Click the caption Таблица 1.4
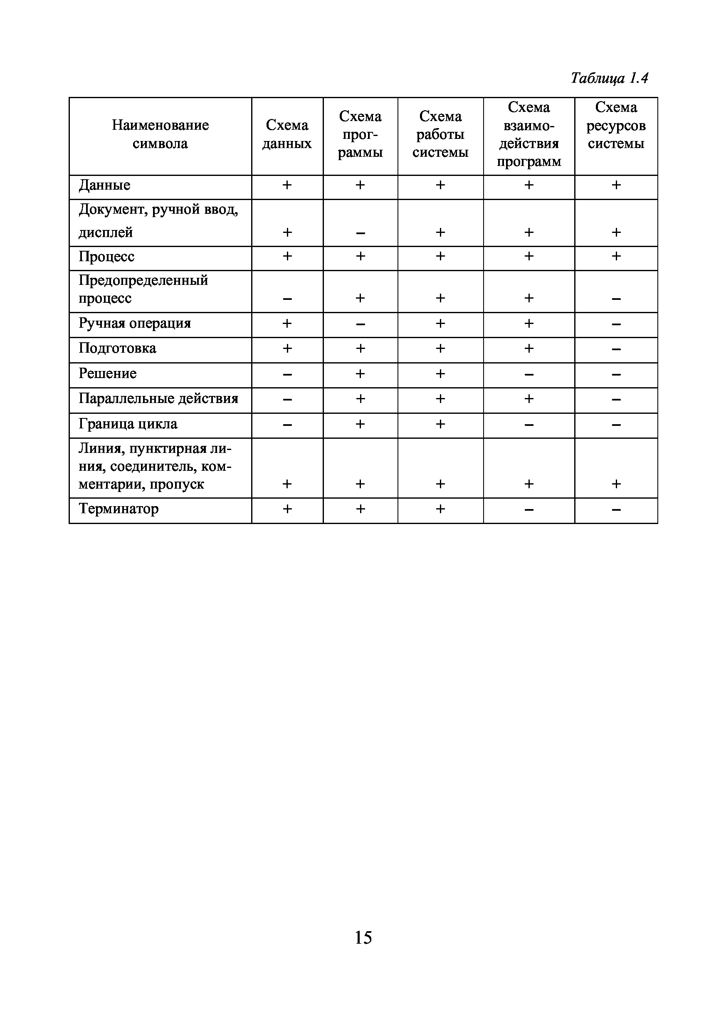(x=609, y=79)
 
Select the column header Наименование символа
(x=160, y=134)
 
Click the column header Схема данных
(x=287, y=134)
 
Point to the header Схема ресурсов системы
(x=615, y=125)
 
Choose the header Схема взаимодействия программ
(x=529, y=134)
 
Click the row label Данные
(x=105, y=185)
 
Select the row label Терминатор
(x=119, y=509)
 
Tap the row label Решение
(x=108, y=373)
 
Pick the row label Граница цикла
(x=128, y=424)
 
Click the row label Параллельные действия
(x=158, y=399)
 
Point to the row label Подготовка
(x=117, y=349)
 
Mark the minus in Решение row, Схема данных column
(x=287, y=374)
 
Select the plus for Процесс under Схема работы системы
(x=440, y=257)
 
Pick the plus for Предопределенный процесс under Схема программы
(x=360, y=298)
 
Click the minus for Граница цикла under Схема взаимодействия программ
(x=529, y=425)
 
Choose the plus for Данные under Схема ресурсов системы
(x=616, y=185)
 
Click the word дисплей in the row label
(x=106, y=232)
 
